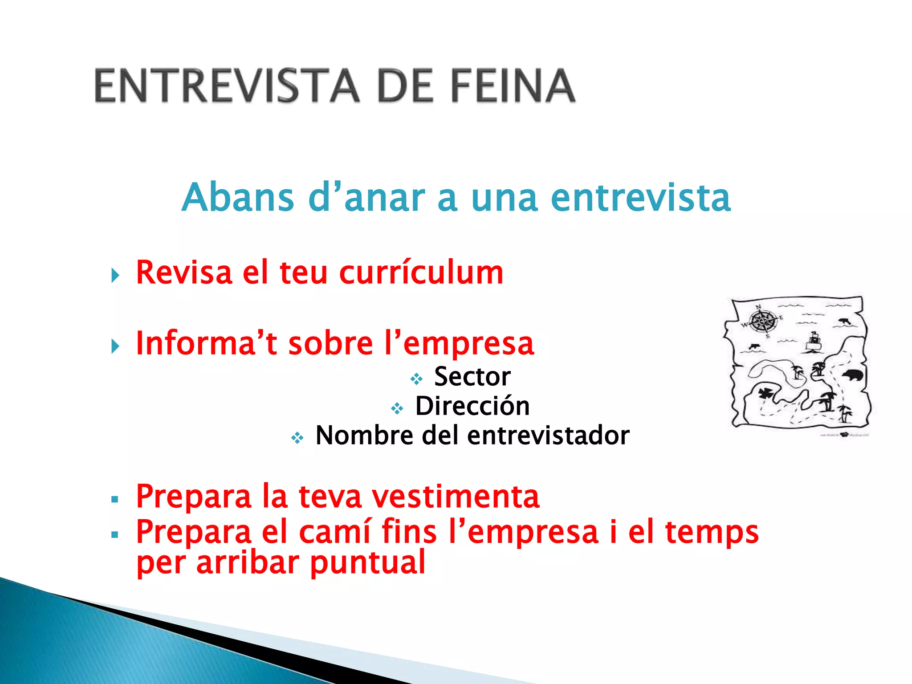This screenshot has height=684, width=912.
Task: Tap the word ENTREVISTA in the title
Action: point(227,86)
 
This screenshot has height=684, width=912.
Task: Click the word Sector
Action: point(472,377)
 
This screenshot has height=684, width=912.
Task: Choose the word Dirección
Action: point(472,406)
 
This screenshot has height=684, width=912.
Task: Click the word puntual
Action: point(368,563)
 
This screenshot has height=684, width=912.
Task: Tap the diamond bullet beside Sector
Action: point(416,379)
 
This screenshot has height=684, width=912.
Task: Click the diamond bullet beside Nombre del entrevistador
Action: point(297,438)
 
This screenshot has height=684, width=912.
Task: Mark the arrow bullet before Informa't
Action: point(115,346)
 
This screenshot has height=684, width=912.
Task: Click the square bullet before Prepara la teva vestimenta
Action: point(115,500)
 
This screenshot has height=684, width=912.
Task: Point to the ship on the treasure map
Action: point(814,341)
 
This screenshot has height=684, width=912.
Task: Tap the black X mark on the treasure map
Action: point(765,394)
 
